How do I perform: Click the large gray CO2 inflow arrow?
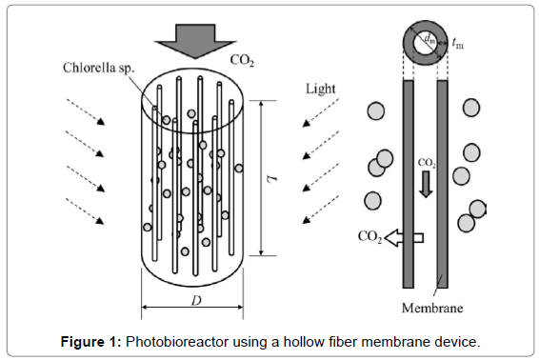coord(195,41)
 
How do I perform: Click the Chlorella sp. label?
coord(99,68)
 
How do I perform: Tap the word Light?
coord(321,90)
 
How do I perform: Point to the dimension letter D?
coord(196,301)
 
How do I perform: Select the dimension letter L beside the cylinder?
coord(272,178)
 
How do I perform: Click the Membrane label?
coord(432,308)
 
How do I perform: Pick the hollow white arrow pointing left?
coord(404,238)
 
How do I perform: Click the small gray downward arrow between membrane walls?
coord(426,184)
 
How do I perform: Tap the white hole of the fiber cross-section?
coord(426,44)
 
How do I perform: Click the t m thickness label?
coord(457,43)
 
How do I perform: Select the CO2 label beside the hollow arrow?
coord(369,236)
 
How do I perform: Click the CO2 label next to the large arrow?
coord(242,60)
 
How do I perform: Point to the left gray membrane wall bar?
coord(408,184)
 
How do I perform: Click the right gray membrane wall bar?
coord(443,184)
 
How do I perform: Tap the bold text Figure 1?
coord(91,342)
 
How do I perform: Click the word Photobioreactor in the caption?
coord(177,342)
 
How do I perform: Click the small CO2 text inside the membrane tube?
coord(427,163)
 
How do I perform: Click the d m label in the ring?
coord(430,38)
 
